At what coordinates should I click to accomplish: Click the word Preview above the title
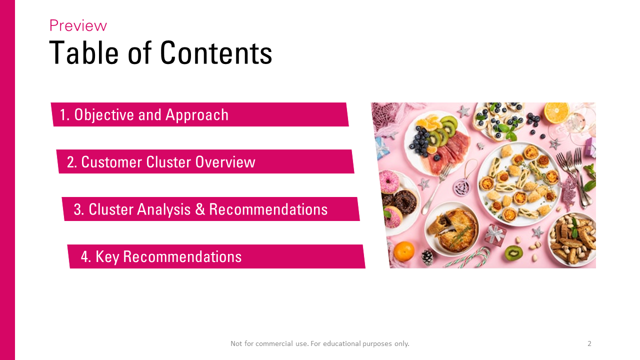(x=78, y=25)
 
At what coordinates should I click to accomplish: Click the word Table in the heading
(x=83, y=52)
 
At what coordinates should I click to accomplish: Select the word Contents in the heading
(x=216, y=52)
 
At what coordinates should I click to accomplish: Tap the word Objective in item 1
(x=104, y=115)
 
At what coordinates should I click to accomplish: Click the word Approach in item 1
(x=197, y=115)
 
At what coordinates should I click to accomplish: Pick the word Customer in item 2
(x=111, y=162)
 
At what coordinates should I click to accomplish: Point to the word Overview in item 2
(x=225, y=162)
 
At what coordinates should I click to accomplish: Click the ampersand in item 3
(x=200, y=209)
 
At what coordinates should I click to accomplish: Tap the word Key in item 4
(x=107, y=256)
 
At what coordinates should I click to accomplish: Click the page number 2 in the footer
(x=589, y=343)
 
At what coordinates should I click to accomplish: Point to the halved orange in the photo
(x=556, y=112)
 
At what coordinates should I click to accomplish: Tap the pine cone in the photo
(x=427, y=257)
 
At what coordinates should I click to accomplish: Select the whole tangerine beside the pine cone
(x=403, y=251)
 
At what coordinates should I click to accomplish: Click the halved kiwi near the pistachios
(x=513, y=253)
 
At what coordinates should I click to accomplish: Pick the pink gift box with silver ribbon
(x=495, y=235)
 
